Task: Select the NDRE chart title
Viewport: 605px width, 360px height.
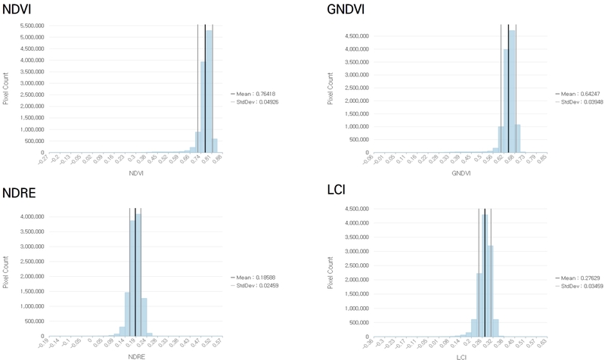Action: [18, 193]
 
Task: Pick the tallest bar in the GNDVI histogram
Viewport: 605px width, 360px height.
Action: [512, 91]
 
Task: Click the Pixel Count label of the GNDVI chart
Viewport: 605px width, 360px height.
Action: [330, 88]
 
